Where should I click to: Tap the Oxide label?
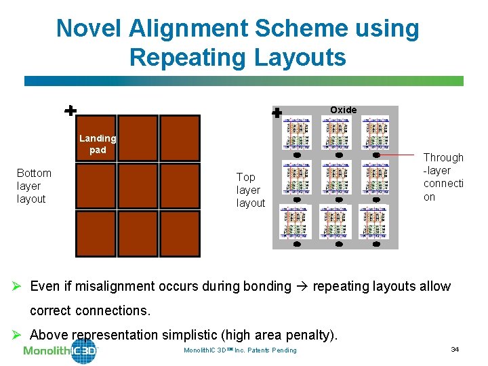point(343,110)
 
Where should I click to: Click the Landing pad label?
point(98,144)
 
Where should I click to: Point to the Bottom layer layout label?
point(34,186)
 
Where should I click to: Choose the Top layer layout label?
point(250,190)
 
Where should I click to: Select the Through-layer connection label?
point(443,177)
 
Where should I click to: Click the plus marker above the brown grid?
point(70,110)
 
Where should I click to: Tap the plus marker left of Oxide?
point(277,114)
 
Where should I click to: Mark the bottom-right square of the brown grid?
point(180,234)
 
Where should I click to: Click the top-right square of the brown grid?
point(180,137)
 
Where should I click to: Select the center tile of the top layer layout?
point(336,178)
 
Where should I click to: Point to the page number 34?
point(455,349)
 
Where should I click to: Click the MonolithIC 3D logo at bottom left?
point(61,350)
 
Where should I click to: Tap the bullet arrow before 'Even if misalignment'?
point(21,286)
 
